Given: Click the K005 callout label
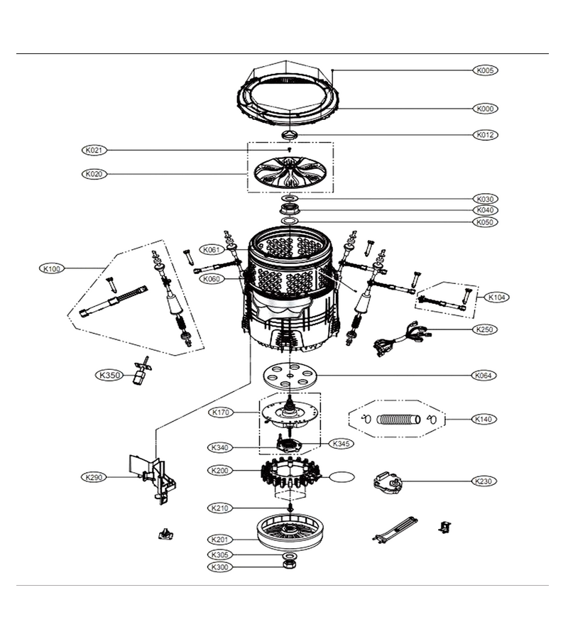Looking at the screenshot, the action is [486, 70].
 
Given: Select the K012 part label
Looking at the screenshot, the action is [486, 135].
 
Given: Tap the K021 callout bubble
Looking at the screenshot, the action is [94, 151].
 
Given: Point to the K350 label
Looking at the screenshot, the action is [109, 376].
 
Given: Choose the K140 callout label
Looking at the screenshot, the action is [484, 419].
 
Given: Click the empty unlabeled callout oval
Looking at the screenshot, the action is [342, 477].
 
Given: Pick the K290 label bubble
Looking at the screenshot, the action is [94, 477].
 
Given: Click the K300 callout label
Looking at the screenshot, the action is [220, 567].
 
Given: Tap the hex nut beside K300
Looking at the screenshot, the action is [289, 564].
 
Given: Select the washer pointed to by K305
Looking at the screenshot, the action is [289, 555].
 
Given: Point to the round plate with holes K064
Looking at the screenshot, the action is [289, 375].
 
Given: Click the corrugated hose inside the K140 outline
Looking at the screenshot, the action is [398, 420].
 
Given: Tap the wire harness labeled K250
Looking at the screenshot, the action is [402, 337].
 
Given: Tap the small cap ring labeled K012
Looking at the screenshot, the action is [289, 135].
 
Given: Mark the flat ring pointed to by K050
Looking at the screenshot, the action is [289, 221].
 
